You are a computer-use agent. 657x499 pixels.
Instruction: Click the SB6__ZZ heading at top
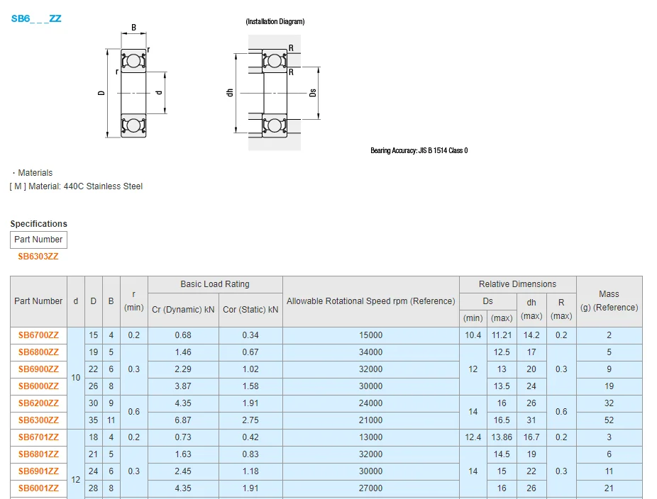click(x=36, y=19)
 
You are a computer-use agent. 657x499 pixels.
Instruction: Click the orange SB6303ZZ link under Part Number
click(x=38, y=257)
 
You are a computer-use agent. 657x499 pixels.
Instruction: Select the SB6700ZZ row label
click(x=38, y=335)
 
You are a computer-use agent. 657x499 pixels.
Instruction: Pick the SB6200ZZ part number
click(x=38, y=403)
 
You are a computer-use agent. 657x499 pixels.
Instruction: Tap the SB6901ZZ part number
click(x=38, y=471)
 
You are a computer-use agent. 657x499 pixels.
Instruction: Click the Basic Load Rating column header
click(x=215, y=284)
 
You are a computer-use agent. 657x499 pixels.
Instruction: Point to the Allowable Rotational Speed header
click(x=370, y=301)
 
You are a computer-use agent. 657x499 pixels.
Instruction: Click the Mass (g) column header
click(x=609, y=301)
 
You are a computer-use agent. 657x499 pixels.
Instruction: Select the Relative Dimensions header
click(x=517, y=284)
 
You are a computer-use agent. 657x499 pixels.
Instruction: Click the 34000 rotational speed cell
click(x=370, y=352)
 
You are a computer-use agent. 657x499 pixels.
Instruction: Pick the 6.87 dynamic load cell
click(x=183, y=420)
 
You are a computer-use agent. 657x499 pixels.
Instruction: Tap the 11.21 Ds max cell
click(x=502, y=335)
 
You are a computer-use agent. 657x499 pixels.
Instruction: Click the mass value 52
click(x=609, y=420)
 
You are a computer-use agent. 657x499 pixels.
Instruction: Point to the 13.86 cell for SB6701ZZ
click(x=502, y=437)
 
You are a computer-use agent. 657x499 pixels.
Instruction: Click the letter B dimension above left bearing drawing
click(x=133, y=28)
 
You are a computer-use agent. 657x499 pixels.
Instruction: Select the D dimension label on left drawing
click(x=101, y=93)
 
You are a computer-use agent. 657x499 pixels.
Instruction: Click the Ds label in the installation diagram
click(x=313, y=93)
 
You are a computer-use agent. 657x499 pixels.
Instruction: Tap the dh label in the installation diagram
click(x=229, y=93)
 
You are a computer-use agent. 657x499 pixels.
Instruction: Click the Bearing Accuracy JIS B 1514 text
click(x=419, y=150)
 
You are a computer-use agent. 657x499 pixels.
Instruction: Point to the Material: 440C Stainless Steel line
click(x=77, y=186)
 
